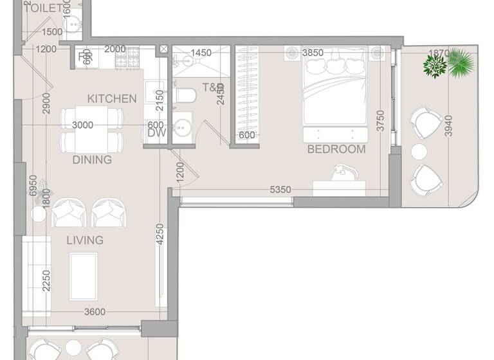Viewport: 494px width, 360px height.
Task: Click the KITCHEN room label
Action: (112, 98)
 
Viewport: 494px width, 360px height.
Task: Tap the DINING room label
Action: (92, 159)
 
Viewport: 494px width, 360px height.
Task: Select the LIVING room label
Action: (85, 240)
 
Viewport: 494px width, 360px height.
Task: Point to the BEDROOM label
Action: (336, 149)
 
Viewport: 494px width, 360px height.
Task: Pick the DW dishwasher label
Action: (156, 133)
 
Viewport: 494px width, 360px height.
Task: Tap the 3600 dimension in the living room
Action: (94, 312)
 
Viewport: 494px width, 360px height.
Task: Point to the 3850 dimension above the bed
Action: (312, 53)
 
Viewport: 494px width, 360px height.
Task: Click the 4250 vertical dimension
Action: (159, 237)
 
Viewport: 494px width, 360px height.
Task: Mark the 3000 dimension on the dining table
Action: (82, 125)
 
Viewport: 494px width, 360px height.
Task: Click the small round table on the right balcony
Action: (419, 152)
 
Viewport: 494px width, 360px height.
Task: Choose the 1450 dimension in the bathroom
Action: (201, 53)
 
